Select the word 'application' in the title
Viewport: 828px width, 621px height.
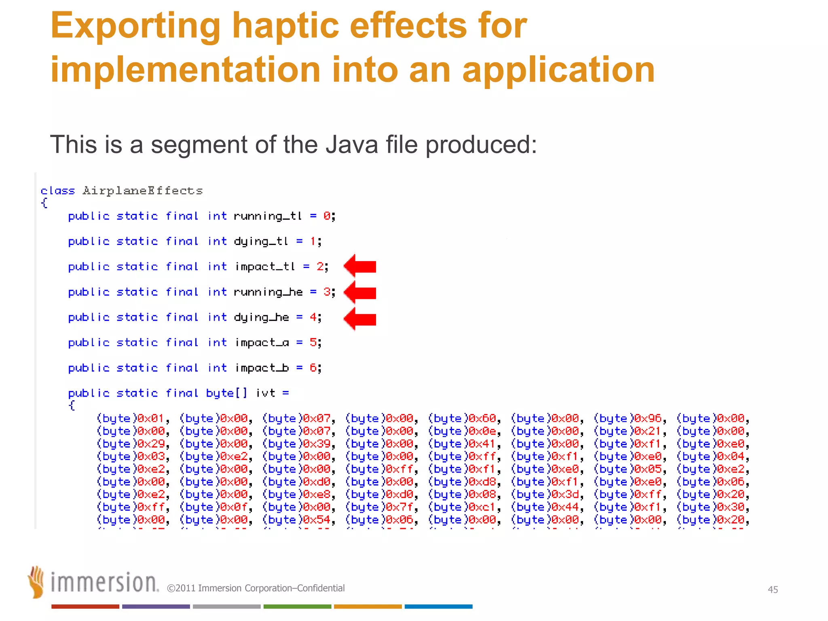[558, 71]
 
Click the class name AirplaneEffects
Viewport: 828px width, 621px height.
[142, 190]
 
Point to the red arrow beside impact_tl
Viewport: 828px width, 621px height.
[360, 266]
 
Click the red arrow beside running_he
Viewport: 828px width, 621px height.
[360, 292]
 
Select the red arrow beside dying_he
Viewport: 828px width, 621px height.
[360, 319]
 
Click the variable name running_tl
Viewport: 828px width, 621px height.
[268, 216]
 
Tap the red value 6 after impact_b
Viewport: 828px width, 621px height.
[313, 368]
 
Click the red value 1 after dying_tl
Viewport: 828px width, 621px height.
[313, 241]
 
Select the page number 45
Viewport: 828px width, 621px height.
[773, 589]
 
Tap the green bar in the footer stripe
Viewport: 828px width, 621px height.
[297, 606]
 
